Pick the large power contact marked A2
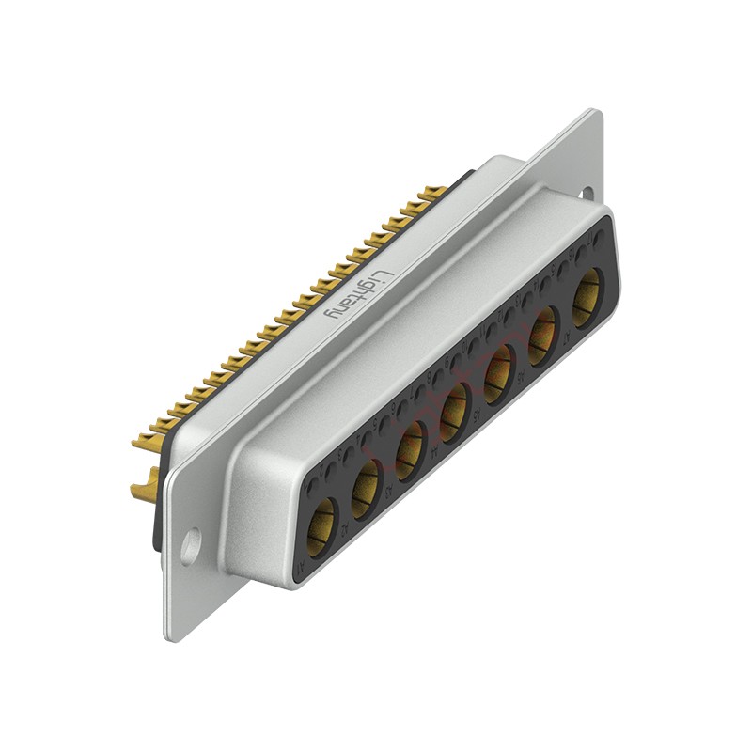(x=542, y=337)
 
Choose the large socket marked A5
(x=409, y=451)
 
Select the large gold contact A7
(x=321, y=520)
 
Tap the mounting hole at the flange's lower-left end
(x=193, y=543)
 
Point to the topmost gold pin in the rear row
(x=434, y=193)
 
